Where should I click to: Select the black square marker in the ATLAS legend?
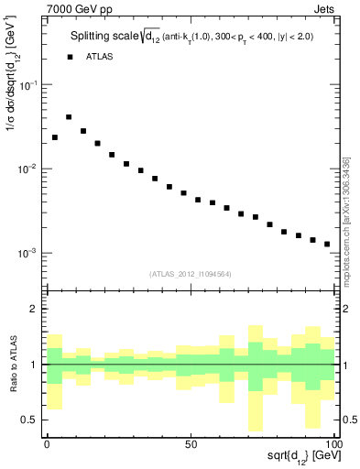pos(69,57)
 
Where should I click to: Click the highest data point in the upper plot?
pos(69,117)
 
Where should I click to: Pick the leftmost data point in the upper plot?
pos(55,137)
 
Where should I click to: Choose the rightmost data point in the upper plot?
pos(327,245)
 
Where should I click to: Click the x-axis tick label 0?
pos(47,443)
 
